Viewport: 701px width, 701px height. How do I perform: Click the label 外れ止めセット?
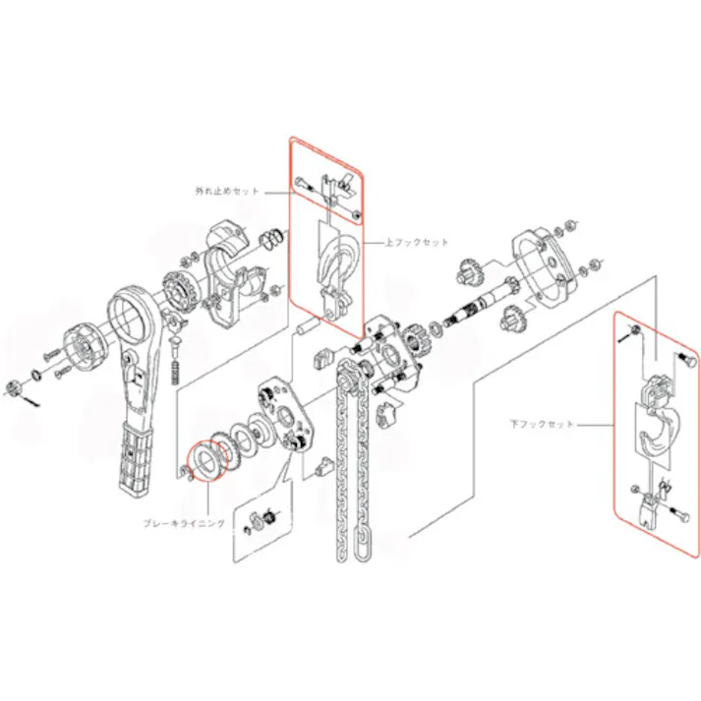tap(226, 191)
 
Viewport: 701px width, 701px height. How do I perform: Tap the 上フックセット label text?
tap(418, 242)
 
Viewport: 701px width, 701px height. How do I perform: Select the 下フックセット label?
tap(541, 425)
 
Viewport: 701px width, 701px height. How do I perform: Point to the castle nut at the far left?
tap(14, 384)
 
